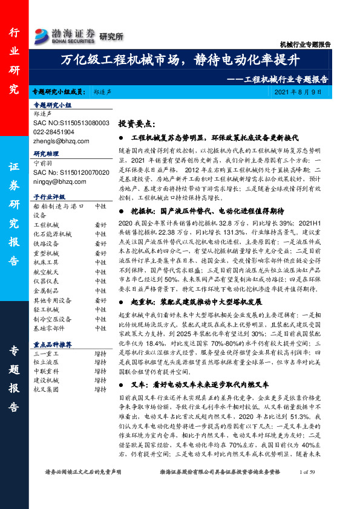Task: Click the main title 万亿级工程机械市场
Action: point(182,60)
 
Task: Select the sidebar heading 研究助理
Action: point(46,154)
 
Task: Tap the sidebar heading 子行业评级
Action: point(49,197)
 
